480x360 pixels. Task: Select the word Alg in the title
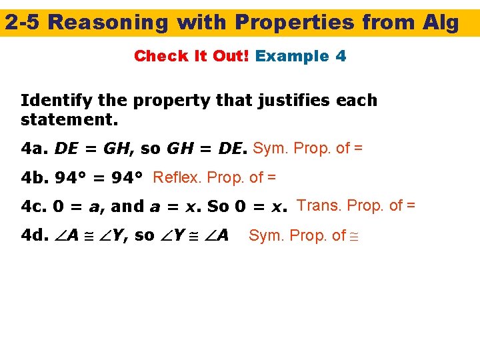[x=441, y=23]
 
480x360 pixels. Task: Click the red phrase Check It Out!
[x=192, y=56]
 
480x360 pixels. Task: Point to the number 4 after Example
[x=341, y=56]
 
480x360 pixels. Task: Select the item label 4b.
[x=34, y=178]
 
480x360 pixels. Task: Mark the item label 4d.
[x=34, y=236]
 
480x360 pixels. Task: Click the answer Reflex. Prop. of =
[x=214, y=177]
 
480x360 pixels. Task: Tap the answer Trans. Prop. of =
[x=356, y=205]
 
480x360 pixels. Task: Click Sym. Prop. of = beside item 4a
[x=307, y=148]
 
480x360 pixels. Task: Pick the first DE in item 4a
[x=66, y=149]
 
